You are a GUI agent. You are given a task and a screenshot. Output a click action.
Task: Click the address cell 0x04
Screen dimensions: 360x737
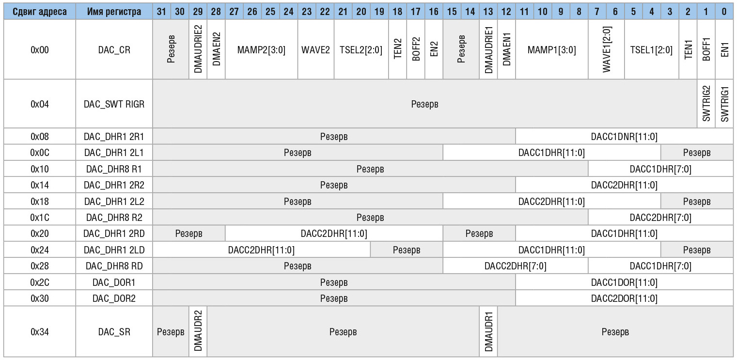pos(38,104)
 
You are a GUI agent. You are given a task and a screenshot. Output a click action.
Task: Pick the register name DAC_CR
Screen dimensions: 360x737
pos(114,49)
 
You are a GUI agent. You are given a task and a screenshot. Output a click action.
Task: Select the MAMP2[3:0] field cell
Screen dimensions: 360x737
pos(261,49)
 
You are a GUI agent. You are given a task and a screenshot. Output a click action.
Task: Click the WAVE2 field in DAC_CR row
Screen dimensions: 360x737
pos(315,49)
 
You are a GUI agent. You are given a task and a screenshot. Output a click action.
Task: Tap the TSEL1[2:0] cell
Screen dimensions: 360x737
pos(651,49)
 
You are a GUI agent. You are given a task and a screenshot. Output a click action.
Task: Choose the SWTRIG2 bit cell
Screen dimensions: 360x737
pos(706,104)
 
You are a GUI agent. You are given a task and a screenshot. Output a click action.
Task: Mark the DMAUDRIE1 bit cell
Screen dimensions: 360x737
pos(488,49)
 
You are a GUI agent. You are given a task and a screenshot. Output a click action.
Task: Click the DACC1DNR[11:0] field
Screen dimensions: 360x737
pos(624,137)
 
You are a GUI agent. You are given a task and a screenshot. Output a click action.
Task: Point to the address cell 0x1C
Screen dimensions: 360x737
pos(38,218)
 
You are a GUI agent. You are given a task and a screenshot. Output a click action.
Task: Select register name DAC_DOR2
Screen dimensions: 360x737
pos(114,298)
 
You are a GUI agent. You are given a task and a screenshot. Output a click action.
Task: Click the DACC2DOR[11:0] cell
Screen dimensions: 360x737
pos(624,298)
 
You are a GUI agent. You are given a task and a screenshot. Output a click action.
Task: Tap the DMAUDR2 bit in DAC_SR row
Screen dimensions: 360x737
pos(198,332)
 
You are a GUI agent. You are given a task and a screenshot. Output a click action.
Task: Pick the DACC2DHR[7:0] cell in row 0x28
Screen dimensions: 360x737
pos(515,266)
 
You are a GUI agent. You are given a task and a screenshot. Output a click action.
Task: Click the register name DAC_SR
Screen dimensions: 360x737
pos(114,332)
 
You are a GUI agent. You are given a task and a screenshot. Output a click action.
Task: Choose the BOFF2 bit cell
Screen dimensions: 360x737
pos(416,49)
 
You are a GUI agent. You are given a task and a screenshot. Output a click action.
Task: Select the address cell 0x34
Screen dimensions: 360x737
pos(38,332)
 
